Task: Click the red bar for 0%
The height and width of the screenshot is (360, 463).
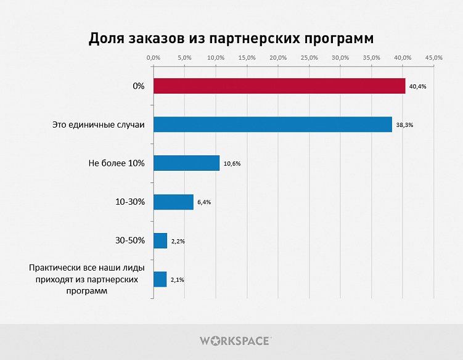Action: (279, 86)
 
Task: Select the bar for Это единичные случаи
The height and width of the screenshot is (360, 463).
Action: (272, 125)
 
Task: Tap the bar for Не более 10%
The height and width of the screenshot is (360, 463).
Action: (186, 163)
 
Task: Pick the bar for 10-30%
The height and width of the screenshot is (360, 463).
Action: (173, 202)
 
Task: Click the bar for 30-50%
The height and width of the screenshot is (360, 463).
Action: (160, 240)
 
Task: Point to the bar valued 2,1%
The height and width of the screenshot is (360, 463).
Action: (160, 279)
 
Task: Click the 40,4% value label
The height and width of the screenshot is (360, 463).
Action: (418, 86)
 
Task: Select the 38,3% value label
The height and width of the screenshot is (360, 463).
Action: (404, 125)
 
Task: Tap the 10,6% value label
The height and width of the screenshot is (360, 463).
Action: (232, 164)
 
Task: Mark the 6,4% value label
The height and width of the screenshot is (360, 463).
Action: (204, 202)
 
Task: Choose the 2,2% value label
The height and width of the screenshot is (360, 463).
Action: (178, 241)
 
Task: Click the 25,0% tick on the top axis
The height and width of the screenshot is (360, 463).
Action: (309, 57)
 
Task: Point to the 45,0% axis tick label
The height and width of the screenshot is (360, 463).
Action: (433, 57)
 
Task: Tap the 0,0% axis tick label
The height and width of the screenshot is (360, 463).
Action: (153, 57)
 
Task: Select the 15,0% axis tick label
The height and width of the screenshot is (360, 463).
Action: (247, 57)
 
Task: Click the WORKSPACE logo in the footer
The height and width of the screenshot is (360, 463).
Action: (235, 340)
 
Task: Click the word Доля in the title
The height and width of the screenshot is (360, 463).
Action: (108, 38)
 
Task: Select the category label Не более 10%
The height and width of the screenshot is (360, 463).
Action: (117, 163)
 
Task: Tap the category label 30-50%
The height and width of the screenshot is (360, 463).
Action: (129, 240)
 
